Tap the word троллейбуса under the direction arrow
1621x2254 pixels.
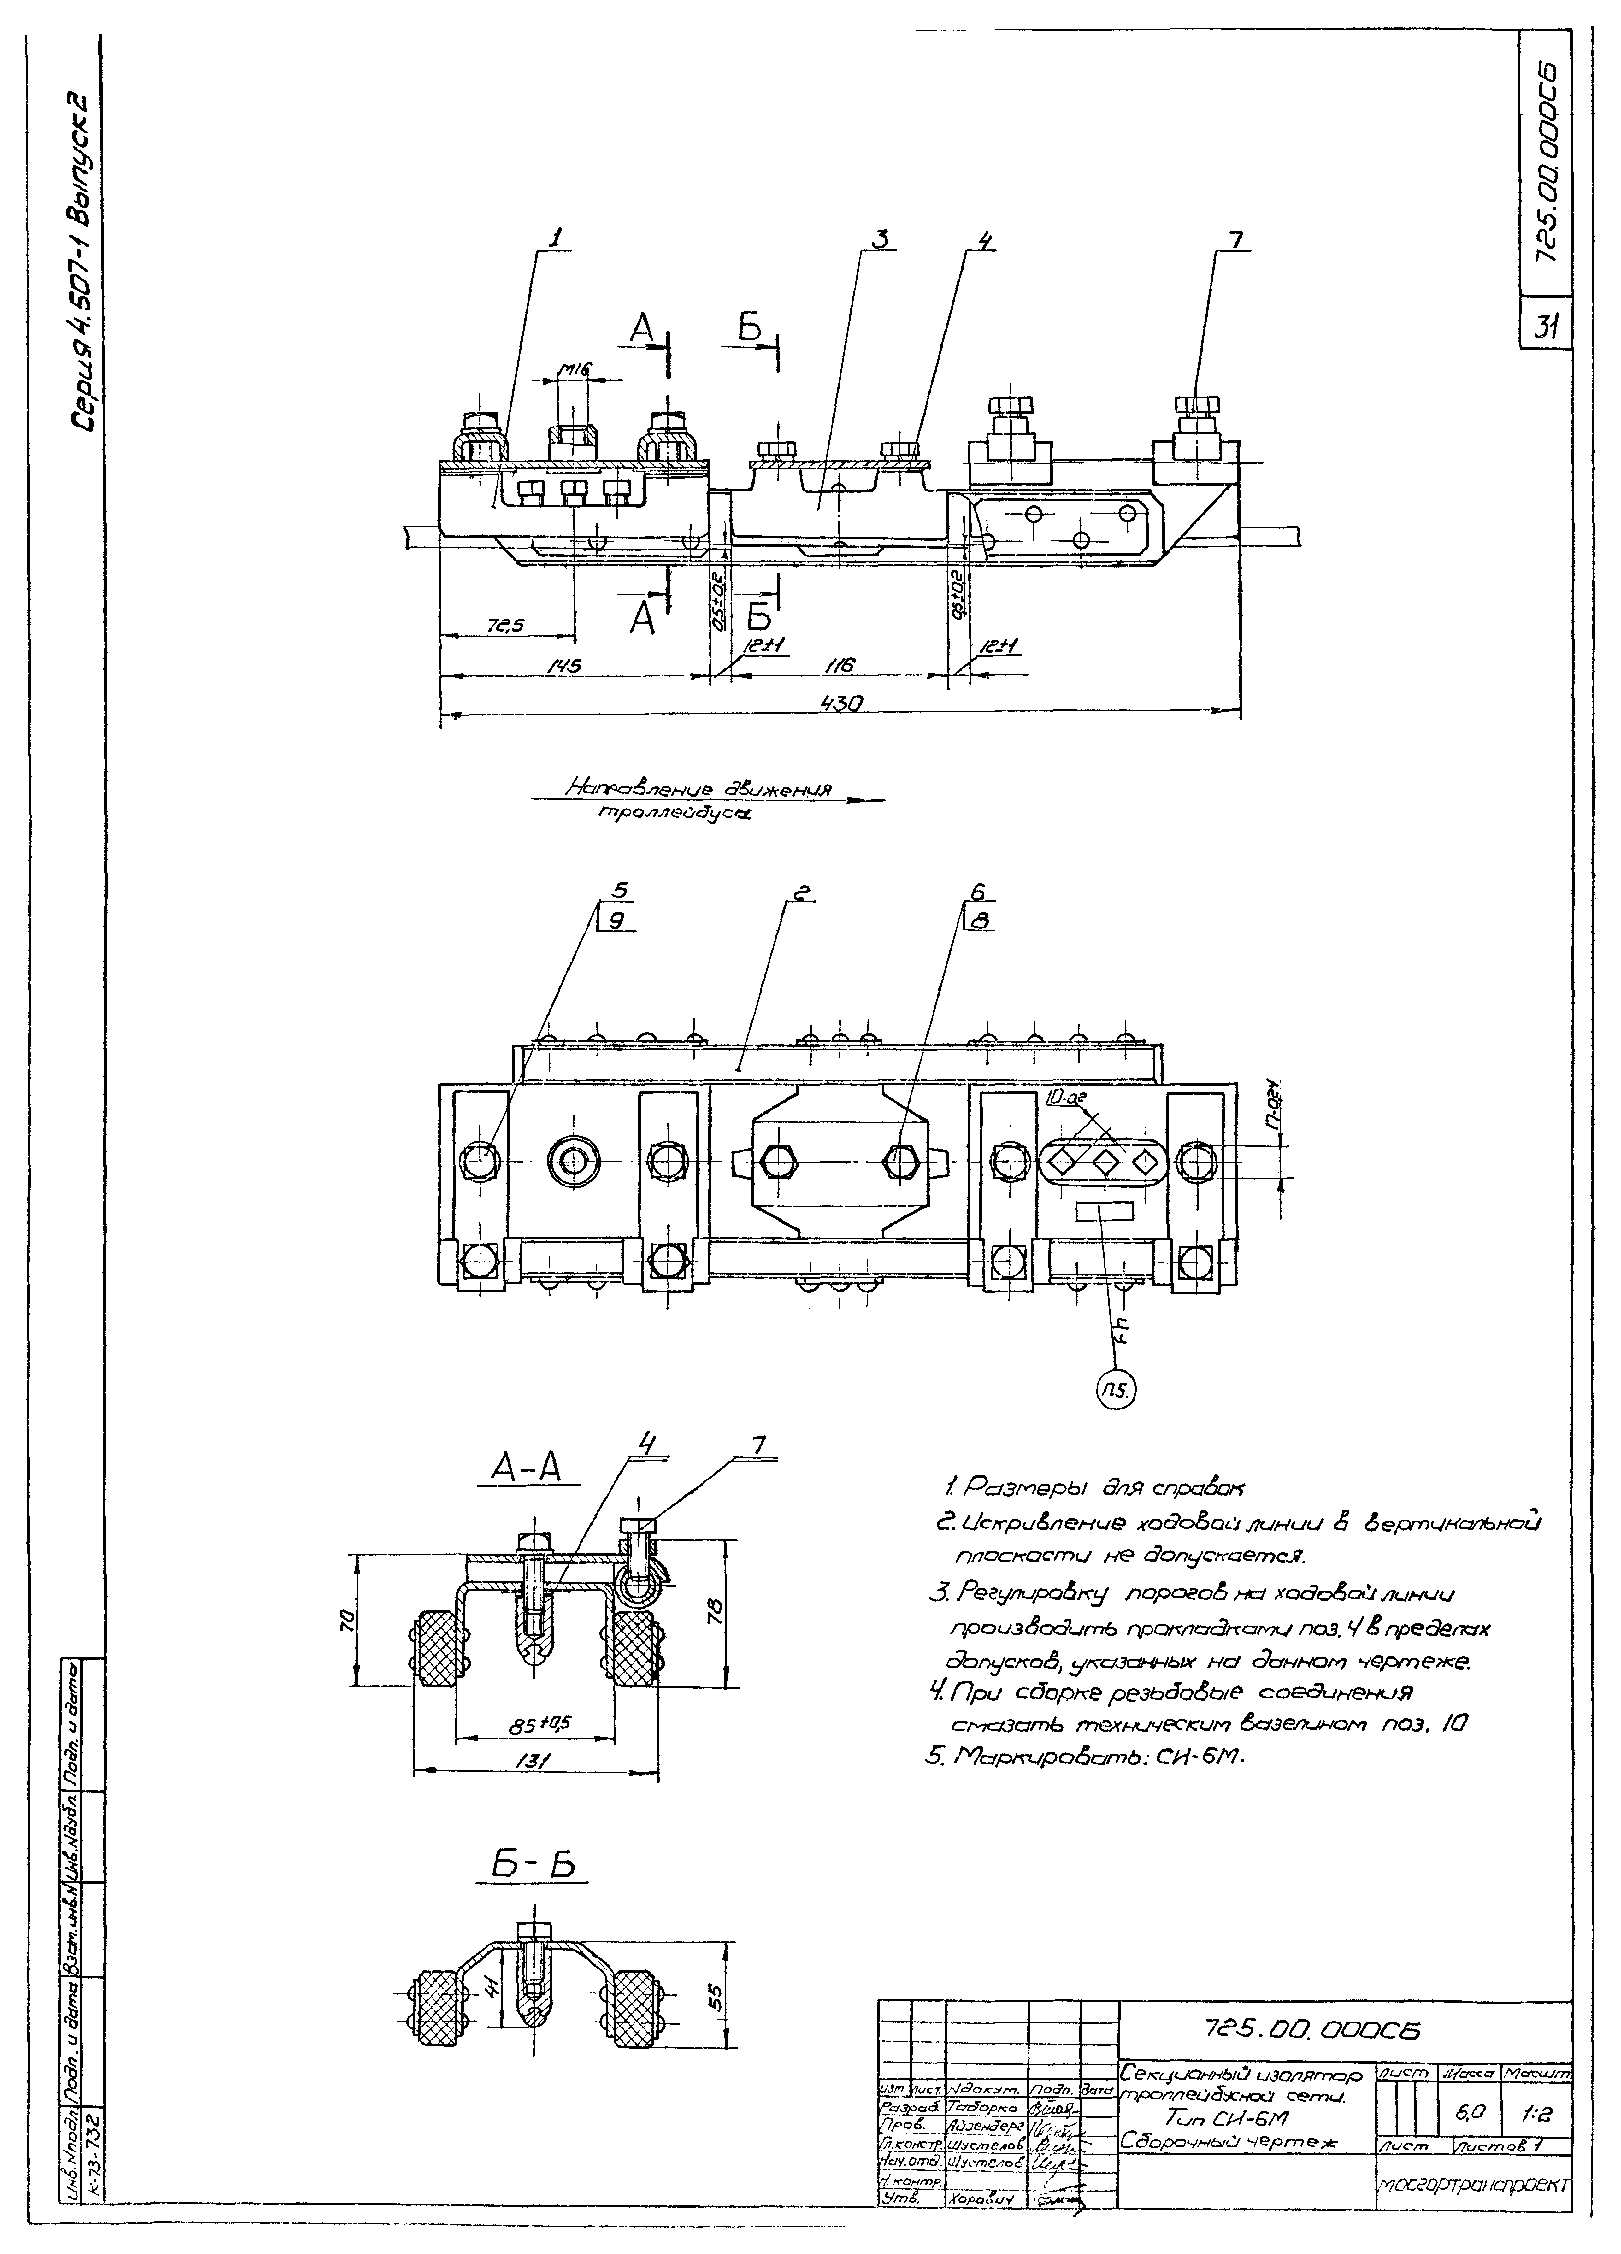coord(674,814)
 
